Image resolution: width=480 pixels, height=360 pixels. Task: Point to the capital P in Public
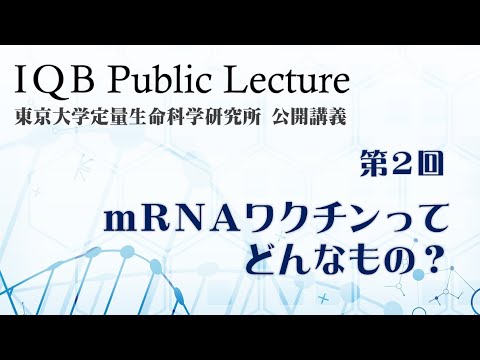[x=113, y=77]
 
